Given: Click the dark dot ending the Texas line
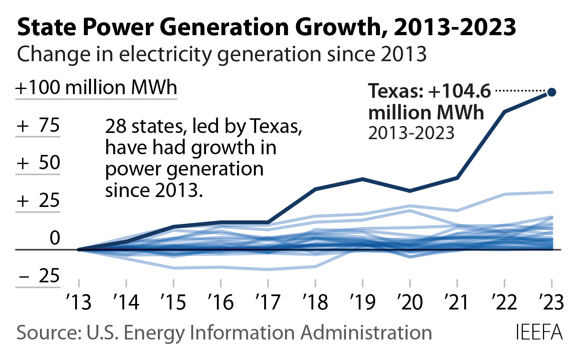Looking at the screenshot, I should (551, 92).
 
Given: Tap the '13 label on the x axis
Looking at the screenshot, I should (79, 302).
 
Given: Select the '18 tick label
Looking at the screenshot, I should (315, 302).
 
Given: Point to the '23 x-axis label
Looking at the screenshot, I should (551, 302).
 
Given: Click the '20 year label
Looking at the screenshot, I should (410, 302).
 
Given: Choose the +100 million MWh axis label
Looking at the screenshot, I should (96, 88).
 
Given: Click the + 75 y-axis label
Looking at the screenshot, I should (38, 126).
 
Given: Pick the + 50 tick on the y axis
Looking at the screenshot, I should (38, 163).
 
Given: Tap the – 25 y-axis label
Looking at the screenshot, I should (38, 276).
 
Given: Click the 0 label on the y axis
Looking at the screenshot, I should (55, 238).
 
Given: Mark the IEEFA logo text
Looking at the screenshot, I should (539, 333).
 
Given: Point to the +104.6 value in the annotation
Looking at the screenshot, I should (459, 91).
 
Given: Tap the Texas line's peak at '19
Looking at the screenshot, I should (362, 179).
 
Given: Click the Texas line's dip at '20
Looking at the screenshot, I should (410, 191).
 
